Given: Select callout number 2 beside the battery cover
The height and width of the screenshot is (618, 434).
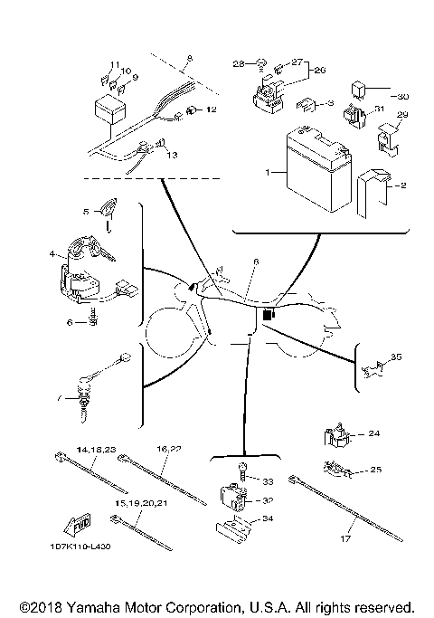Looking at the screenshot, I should click(402, 185).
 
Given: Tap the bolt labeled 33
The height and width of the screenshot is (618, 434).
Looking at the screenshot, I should click(243, 470).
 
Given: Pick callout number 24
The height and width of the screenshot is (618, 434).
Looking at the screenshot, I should click(373, 434).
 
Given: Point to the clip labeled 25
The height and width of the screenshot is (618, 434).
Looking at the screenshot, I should click(336, 469).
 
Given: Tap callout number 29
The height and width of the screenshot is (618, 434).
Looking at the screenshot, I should click(403, 115).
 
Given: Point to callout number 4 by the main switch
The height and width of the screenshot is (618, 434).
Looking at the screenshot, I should click(52, 254).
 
